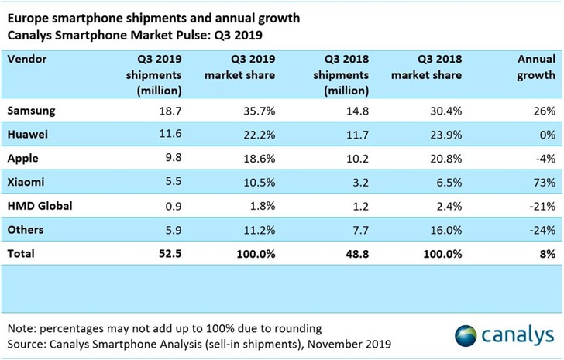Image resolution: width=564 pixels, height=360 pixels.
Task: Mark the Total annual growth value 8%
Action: (547, 252)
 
